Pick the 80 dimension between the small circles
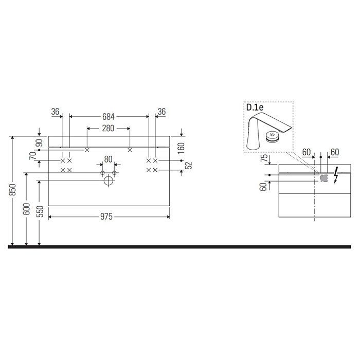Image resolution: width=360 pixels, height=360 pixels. click(x=108, y=159)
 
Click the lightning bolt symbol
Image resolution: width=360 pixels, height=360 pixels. click(x=336, y=175)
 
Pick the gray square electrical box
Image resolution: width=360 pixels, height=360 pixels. click(x=324, y=178)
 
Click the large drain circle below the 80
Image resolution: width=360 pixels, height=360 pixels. click(x=109, y=181)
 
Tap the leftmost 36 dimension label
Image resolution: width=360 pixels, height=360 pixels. click(x=56, y=111)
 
